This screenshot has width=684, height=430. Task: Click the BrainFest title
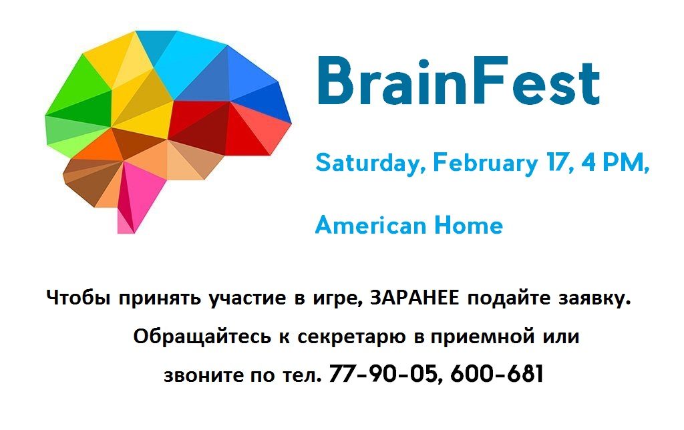coord(458,81)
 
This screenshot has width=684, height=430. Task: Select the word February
coord(485,163)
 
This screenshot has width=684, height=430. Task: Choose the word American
coord(370,225)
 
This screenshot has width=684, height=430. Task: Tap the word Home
coord(468,225)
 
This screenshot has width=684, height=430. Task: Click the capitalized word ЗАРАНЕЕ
coord(414,298)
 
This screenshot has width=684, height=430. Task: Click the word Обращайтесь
coord(202,337)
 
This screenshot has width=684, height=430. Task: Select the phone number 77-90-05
coord(383,374)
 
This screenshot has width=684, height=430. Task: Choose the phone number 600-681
coord(497,374)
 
